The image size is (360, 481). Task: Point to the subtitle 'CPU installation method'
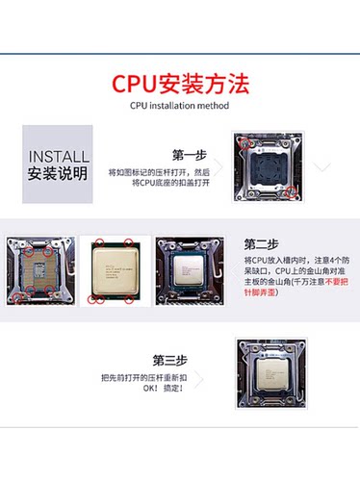(x=179, y=106)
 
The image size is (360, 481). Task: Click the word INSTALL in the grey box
(x=59, y=157)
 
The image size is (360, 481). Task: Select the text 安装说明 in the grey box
(x=59, y=174)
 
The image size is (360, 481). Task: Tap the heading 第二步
(x=262, y=243)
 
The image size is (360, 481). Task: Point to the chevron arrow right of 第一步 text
(x=219, y=165)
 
